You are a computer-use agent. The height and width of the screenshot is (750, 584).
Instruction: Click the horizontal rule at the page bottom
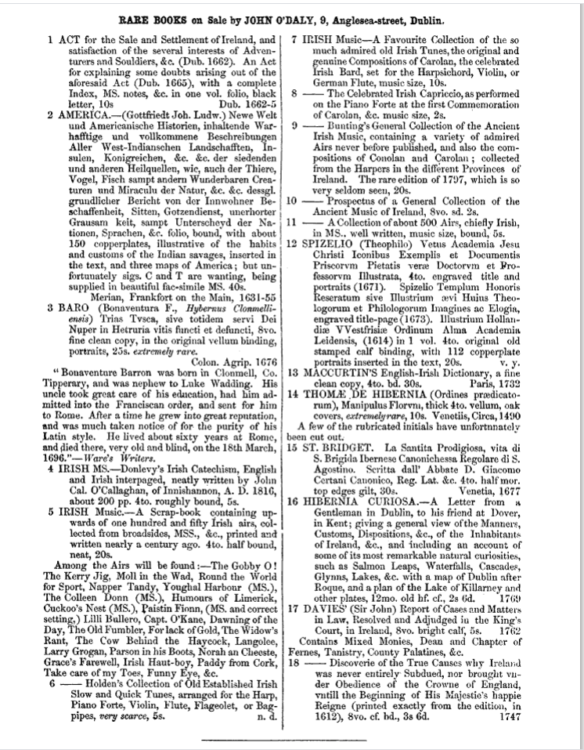291,738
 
